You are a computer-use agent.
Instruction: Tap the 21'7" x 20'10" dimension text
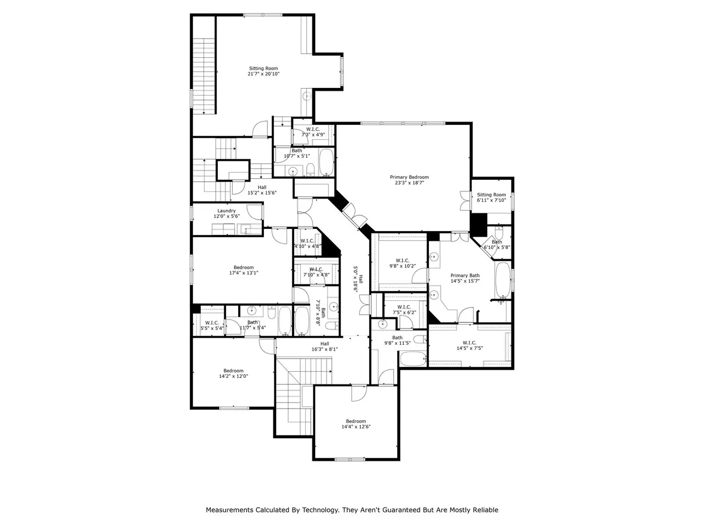point(263,74)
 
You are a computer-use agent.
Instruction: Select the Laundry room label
point(227,211)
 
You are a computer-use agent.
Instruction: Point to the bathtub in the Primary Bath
point(503,280)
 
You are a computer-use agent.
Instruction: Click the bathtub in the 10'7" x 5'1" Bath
point(327,162)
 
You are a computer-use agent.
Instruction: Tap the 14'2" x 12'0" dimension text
point(234,376)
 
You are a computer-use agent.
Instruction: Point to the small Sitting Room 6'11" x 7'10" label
point(491,197)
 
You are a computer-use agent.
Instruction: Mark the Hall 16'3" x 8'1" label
point(324,346)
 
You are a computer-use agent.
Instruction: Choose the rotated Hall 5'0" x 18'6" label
point(358,279)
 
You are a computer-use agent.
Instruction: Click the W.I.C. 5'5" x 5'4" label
point(212,326)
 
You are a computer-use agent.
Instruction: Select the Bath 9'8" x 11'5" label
point(398,340)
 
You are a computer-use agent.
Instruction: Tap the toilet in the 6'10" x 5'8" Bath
point(499,232)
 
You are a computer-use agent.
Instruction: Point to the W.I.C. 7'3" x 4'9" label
point(313,132)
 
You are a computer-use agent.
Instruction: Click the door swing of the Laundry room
point(254,212)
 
